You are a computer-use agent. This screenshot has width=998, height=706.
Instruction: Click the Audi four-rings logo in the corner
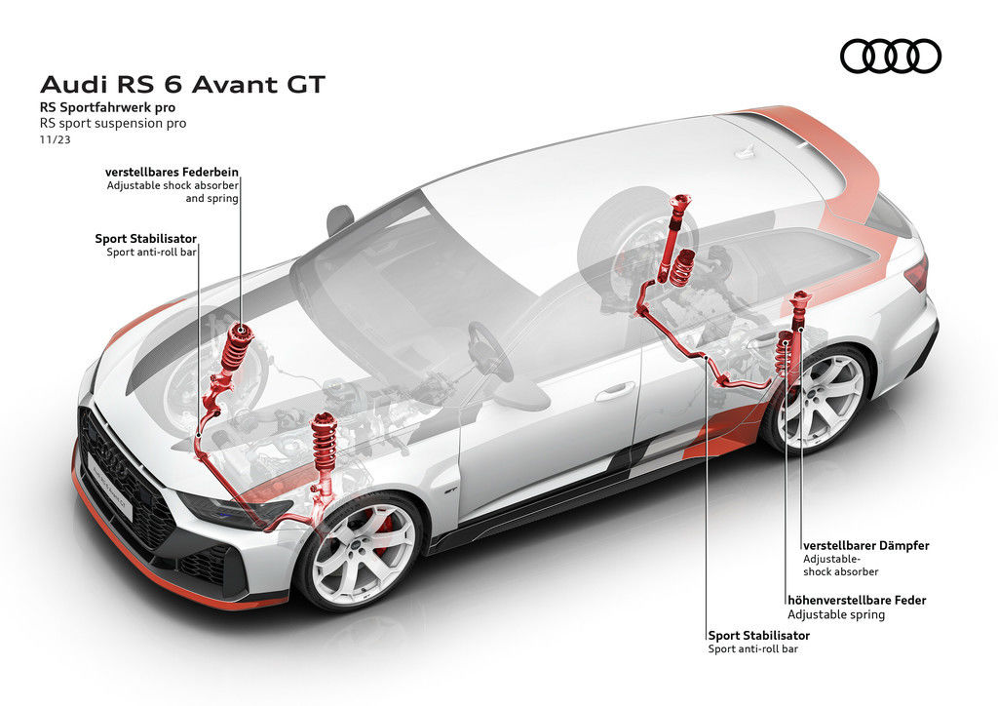click(x=891, y=56)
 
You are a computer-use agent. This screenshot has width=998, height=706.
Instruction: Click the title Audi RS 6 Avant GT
click(x=182, y=85)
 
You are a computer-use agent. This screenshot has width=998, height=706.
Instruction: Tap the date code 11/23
click(x=55, y=139)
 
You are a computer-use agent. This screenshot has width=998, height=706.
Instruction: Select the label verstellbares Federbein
click(x=172, y=172)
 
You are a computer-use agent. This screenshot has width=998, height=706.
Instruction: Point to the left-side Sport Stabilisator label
click(x=146, y=239)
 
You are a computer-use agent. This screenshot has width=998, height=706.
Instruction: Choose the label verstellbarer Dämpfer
click(x=866, y=545)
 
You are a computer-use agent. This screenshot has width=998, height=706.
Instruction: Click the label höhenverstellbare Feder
click(x=858, y=600)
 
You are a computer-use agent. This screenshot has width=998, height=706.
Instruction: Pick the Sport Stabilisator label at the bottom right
click(x=759, y=636)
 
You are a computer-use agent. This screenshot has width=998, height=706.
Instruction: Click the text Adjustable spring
click(x=836, y=615)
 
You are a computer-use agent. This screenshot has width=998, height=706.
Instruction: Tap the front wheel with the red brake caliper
click(x=361, y=549)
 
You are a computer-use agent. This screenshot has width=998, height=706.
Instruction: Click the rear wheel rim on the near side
click(x=824, y=399)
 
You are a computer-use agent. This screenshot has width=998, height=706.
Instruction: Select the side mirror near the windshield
click(x=340, y=218)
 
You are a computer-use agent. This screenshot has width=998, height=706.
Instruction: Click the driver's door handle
click(x=614, y=391)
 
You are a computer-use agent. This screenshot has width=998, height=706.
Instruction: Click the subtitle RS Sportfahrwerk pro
click(x=107, y=107)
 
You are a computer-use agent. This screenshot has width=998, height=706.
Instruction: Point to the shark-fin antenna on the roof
click(x=746, y=152)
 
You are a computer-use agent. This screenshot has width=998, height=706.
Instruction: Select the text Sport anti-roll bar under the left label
click(x=151, y=253)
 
